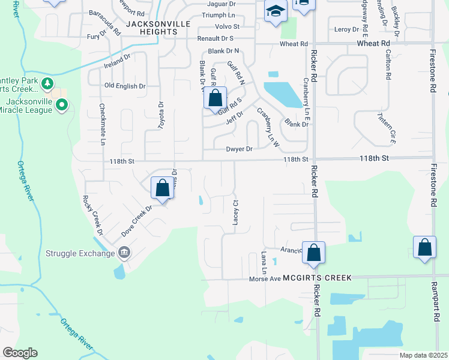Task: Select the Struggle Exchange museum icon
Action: click(x=124, y=253)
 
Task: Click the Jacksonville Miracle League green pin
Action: click(x=61, y=106)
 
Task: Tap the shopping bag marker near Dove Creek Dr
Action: click(x=162, y=188)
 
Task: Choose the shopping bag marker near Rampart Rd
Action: click(x=424, y=248)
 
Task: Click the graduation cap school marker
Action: click(x=276, y=11)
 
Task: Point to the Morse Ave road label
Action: click(x=265, y=278)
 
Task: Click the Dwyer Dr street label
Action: click(x=240, y=149)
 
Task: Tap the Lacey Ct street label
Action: click(x=235, y=212)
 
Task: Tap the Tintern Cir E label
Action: click(x=387, y=128)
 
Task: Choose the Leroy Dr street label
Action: click(x=346, y=29)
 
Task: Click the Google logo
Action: click(x=20, y=353)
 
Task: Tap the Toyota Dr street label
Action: click(x=160, y=115)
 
